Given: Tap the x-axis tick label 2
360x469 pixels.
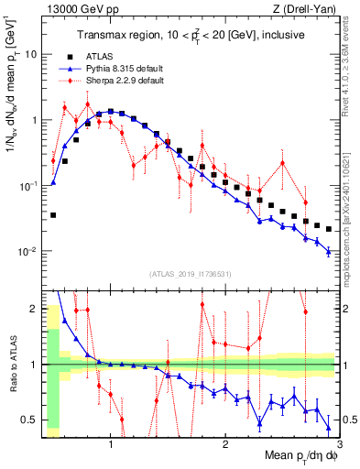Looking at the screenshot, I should [225, 443].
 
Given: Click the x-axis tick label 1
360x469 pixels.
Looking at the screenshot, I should [111, 443].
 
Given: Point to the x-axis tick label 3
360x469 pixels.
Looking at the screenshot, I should [338, 443].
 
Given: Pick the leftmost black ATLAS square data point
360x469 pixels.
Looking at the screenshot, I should [53, 215].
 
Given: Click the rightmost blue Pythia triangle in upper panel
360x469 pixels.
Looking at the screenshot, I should [329, 251].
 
